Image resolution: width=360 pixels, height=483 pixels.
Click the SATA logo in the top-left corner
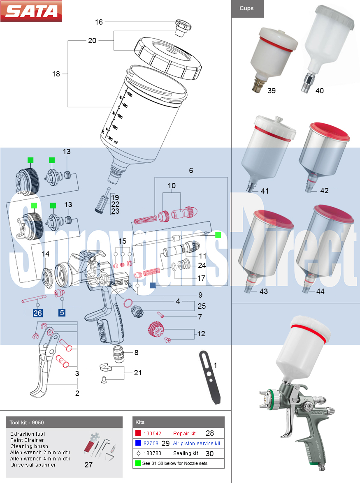point(31,11)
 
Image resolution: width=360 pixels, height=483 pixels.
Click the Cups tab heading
point(247,8)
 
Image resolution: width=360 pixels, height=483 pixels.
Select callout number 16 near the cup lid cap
point(99,22)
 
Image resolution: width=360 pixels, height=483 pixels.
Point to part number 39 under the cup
point(272,91)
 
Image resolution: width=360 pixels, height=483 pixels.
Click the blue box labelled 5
point(62,313)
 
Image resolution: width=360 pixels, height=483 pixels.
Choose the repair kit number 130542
point(152,433)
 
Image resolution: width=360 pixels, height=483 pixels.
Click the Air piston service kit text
point(196,443)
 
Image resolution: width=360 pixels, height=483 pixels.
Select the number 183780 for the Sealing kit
point(152,453)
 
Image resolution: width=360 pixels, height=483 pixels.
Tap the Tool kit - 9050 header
point(27,423)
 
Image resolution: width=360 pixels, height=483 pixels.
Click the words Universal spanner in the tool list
point(33,465)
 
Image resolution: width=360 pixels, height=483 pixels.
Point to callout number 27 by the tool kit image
point(88,465)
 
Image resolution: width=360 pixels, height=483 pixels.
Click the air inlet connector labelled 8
point(118,354)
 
